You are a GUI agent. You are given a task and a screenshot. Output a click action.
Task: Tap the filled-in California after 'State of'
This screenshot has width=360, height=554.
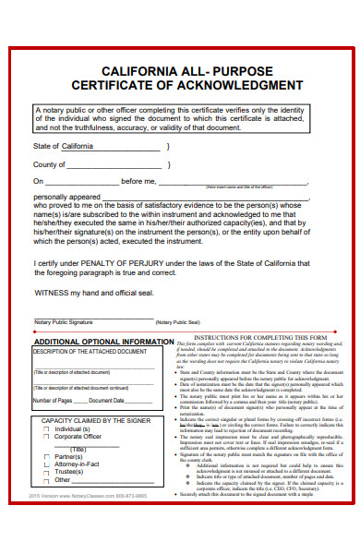pyautogui.click(x=78, y=146)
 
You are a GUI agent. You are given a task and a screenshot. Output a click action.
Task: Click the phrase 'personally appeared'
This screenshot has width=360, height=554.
pyautogui.click(x=66, y=197)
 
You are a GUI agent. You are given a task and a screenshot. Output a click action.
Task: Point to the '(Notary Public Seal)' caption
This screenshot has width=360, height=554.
pyautogui.click(x=178, y=322)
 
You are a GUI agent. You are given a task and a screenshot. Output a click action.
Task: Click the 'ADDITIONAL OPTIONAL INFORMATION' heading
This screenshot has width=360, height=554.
pyautogui.click(x=102, y=343)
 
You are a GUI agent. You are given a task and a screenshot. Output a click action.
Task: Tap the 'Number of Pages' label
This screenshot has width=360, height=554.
pyautogui.click(x=53, y=401)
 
